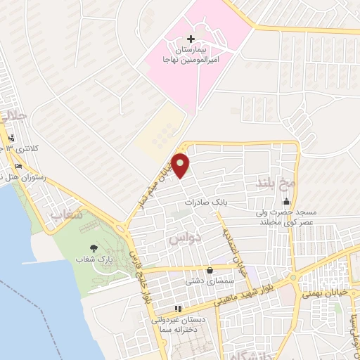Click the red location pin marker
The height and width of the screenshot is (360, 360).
181,166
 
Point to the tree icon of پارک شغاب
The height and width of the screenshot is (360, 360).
94,247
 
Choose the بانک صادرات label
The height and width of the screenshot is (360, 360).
207,202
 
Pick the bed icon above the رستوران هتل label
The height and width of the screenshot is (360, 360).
18,166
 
